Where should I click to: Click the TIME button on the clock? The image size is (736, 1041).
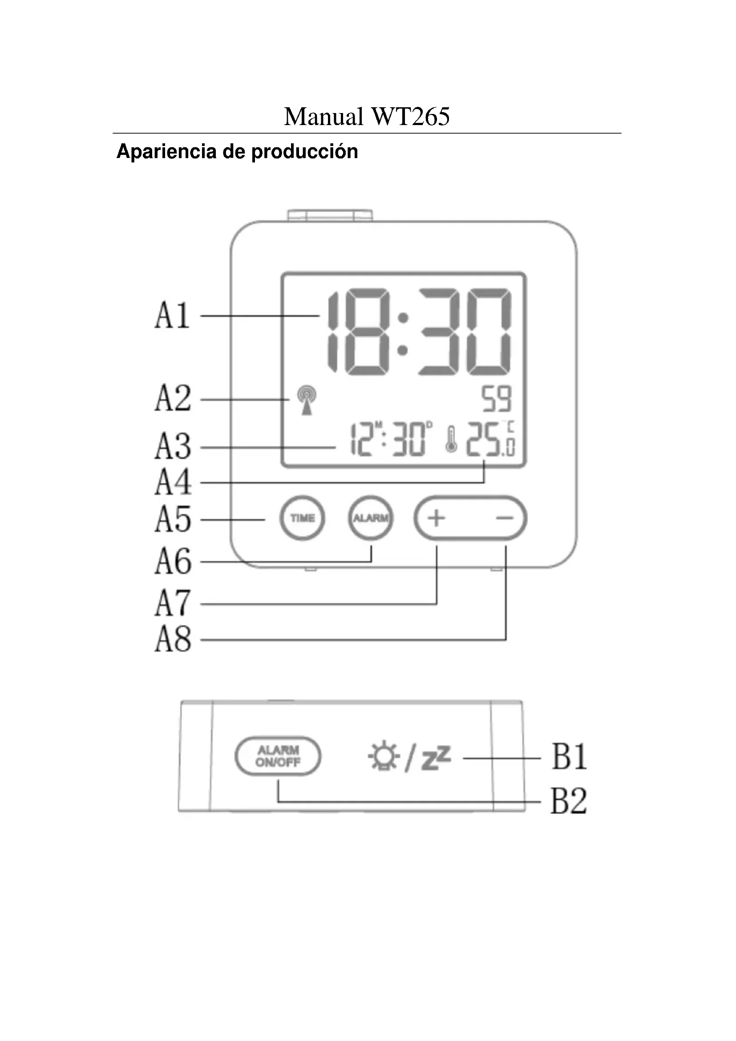coord(302,518)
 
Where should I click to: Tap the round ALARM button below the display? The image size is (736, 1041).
coord(371,518)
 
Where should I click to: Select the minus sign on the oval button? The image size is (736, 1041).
coord(505,518)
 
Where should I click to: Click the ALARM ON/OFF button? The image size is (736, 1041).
coord(278,756)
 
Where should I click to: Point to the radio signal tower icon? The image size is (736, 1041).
coord(307,400)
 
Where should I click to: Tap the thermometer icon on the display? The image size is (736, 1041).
coord(451,439)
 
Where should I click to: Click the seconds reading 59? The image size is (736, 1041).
coord(496,399)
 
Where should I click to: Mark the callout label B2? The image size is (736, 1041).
coord(569,801)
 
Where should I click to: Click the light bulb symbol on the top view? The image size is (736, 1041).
coord(384,756)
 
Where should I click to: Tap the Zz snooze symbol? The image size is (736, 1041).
coord(436,758)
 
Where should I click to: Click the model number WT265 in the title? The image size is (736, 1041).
coord(410,117)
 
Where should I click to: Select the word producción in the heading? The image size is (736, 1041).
coord(304,152)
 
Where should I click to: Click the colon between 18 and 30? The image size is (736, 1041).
coord(403,333)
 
